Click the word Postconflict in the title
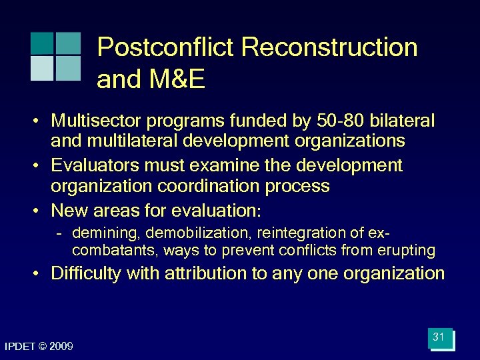(x=165, y=48)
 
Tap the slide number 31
(x=439, y=337)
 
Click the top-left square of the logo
(x=41, y=43)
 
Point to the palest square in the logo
(x=41, y=68)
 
